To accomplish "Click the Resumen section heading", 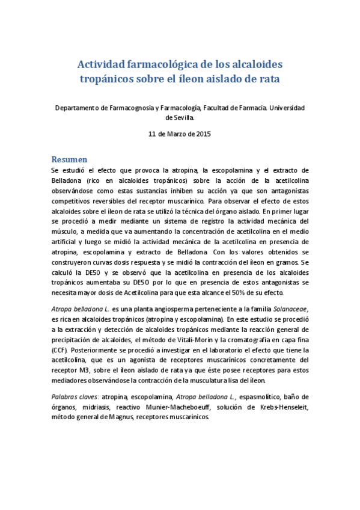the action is point(70,159).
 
